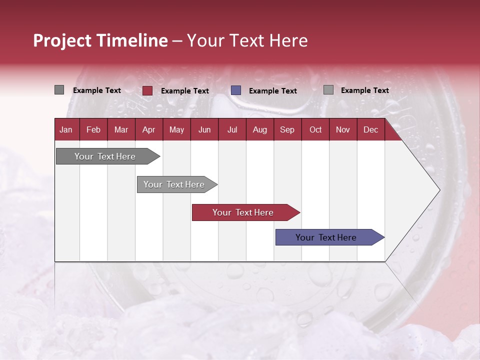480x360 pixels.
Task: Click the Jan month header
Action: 66,129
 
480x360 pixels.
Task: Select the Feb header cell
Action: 93,129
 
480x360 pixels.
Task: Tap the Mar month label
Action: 121,129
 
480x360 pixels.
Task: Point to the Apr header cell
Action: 148,129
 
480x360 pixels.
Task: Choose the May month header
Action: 176,129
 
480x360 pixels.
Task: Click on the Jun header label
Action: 204,129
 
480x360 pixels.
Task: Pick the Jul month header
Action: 232,129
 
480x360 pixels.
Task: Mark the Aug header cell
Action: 259,129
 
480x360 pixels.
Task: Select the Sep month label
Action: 287,129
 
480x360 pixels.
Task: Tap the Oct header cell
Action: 315,129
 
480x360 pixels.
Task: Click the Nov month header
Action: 342,129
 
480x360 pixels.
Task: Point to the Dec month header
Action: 370,129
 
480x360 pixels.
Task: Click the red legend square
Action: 147,90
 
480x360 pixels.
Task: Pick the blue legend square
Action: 236,90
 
